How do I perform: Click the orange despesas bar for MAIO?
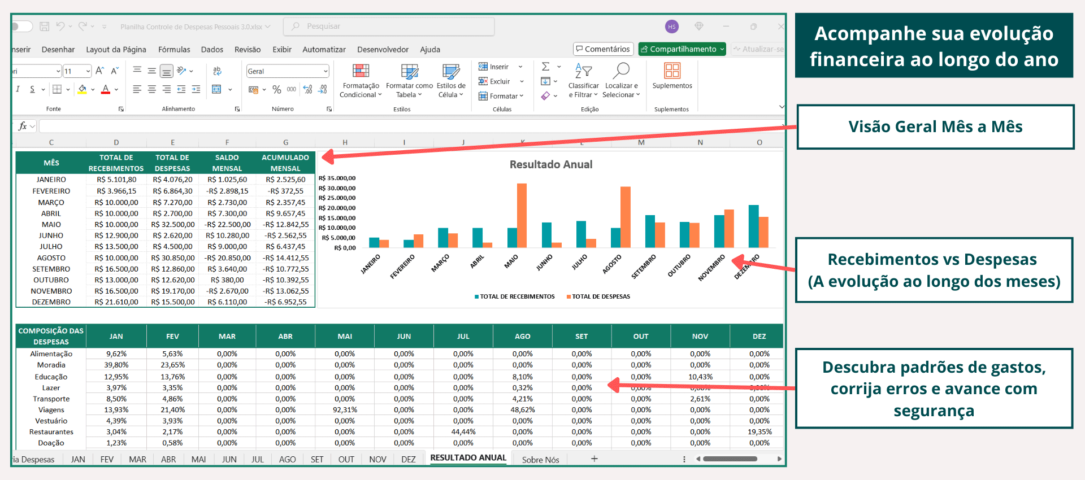pyautogui.click(x=522, y=215)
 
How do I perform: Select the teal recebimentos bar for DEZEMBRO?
pyautogui.click(x=753, y=226)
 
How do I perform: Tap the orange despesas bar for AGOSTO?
pyautogui.click(x=625, y=217)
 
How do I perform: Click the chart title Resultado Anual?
pyautogui.click(x=551, y=164)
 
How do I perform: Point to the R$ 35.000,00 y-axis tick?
pyautogui.click(x=337, y=178)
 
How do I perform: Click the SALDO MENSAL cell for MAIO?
pyautogui.click(x=227, y=224)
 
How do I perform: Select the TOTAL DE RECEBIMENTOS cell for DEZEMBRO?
pyautogui.click(x=116, y=302)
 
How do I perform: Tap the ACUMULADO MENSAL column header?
pyautogui.click(x=285, y=163)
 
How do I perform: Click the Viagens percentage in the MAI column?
pyautogui.click(x=345, y=410)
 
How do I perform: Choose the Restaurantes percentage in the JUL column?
pyautogui.click(x=463, y=432)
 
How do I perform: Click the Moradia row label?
pyautogui.click(x=51, y=365)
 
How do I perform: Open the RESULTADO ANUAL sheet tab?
pyautogui.click(x=468, y=458)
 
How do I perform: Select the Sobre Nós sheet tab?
pyautogui.click(x=540, y=460)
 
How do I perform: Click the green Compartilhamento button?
pyautogui.click(x=682, y=49)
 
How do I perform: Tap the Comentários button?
pyautogui.click(x=603, y=49)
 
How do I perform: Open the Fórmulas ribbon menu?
pyautogui.click(x=174, y=50)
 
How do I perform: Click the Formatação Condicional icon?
pyautogui.click(x=361, y=72)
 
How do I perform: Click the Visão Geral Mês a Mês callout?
pyautogui.click(x=935, y=126)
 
